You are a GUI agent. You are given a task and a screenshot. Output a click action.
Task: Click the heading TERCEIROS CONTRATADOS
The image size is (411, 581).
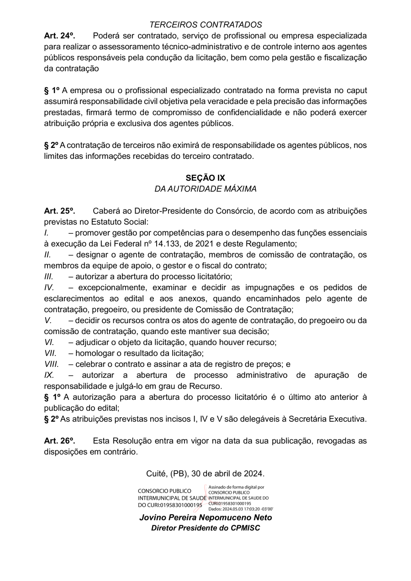tap(205, 25)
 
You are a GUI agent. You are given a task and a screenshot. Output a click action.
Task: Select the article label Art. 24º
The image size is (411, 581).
tap(59, 36)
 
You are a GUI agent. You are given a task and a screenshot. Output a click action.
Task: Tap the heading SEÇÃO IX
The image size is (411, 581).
tap(205, 178)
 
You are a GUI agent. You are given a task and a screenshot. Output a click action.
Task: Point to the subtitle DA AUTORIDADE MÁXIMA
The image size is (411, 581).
tap(205, 188)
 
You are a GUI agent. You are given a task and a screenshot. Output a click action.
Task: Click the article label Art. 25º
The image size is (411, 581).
tap(59, 211)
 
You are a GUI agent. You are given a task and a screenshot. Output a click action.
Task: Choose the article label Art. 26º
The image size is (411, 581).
tap(59, 441)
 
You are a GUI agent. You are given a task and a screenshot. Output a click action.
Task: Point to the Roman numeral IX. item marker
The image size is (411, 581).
tap(49, 375)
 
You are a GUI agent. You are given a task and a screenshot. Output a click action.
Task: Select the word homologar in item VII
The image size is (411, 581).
tap(95, 353)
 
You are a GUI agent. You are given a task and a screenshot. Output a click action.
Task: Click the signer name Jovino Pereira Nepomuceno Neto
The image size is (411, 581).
tap(205, 518)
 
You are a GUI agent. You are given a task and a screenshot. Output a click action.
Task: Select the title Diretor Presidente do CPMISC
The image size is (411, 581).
tap(205, 528)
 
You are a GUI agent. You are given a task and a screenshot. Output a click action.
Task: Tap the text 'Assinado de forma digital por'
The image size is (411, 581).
tap(236, 487)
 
